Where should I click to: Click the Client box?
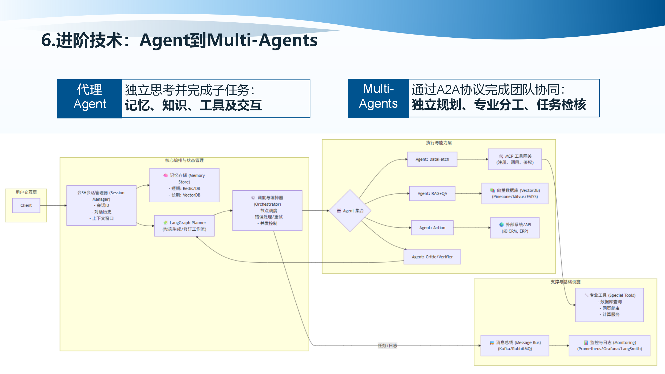[x=26, y=205]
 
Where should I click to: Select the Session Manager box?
[x=101, y=205]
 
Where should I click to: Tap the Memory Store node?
[x=184, y=185]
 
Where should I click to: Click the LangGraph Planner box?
[x=184, y=226]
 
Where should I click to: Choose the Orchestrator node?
[x=267, y=210]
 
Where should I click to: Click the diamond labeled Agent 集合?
[x=350, y=211]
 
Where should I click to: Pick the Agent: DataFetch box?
[x=432, y=159]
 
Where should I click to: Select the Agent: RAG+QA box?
[x=432, y=193]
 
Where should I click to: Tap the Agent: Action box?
[x=432, y=228]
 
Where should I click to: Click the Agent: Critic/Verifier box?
[x=432, y=257]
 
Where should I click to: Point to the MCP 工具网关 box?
[x=515, y=159]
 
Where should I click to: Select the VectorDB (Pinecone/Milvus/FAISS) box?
[x=515, y=193]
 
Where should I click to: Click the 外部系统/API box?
[x=515, y=228]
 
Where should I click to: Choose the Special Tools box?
[x=609, y=305]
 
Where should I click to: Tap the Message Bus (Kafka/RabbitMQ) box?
[x=515, y=345]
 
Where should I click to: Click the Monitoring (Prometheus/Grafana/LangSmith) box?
[x=609, y=345]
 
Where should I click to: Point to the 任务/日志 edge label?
[x=387, y=345]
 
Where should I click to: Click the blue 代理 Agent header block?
[x=90, y=99]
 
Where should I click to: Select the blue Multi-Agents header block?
[x=378, y=98]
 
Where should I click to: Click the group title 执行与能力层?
[x=439, y=143]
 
